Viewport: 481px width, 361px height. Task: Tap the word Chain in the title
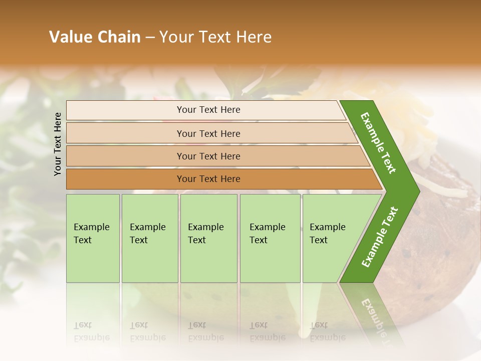(x=119, y=37)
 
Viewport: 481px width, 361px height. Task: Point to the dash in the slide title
(x=150, y=38)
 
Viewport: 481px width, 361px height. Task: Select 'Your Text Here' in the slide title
(x=215, y=37)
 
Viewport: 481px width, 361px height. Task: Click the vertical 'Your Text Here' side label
(x=58, y=144)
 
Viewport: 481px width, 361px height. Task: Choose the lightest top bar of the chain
(x=208, y=110)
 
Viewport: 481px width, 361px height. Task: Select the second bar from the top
(x=208, y=133)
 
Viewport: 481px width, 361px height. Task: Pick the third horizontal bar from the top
(x=208, y=156)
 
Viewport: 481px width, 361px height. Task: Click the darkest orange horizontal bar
(x=208, y=179)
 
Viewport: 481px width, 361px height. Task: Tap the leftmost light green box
(x=93, y=238)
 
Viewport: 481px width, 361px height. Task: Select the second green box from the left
(x=150, y=238)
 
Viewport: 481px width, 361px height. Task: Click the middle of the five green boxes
(x=208, y=238)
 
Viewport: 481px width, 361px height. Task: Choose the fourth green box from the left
(x=270, y=238)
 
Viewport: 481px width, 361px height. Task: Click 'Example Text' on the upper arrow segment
(x=379, y=143)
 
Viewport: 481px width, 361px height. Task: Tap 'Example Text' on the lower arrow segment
(x=379, y=237)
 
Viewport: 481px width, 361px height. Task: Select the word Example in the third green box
(x=205, y=227)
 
